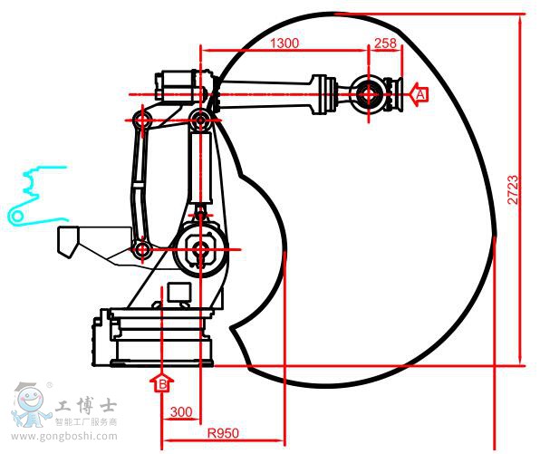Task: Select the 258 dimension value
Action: click(x=385, y=43)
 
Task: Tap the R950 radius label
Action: click(x=223, y=433)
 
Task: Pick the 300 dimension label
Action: click(x=181, y=412)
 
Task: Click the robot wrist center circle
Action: click(x=369, y=92)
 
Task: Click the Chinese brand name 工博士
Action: click(x=87, y=406)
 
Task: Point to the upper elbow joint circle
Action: click(x=200, y=119)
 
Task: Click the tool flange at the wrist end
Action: click(x=396, y=93)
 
